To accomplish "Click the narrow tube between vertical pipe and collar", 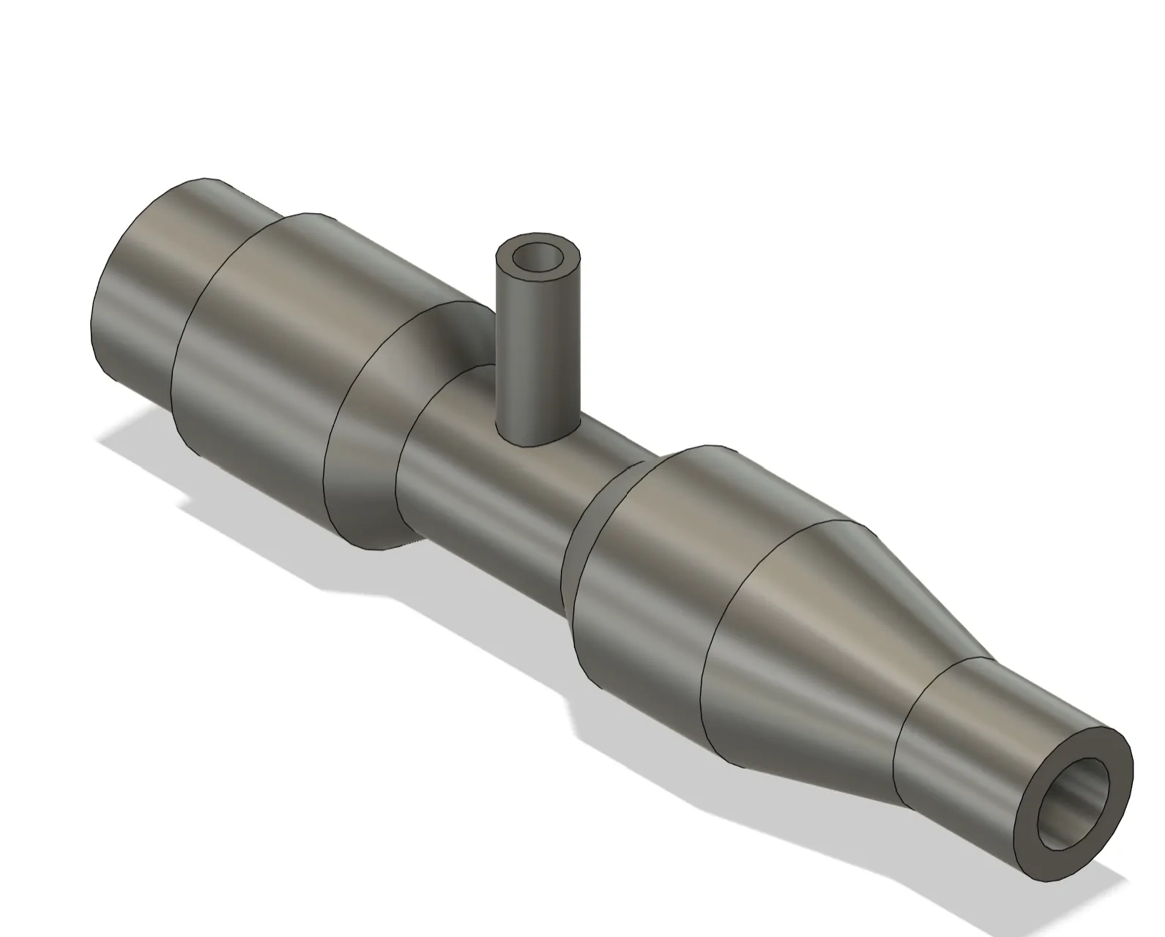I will [513, 498].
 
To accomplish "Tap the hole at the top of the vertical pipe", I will [537, 258].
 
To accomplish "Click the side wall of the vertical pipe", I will [535, 351].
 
